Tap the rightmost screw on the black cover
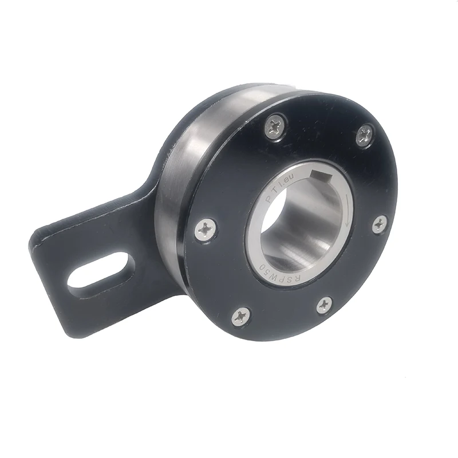point(380,224)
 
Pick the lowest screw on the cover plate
point(242,316)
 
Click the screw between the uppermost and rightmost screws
point(364,136)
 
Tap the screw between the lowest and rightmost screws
point(325,305)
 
